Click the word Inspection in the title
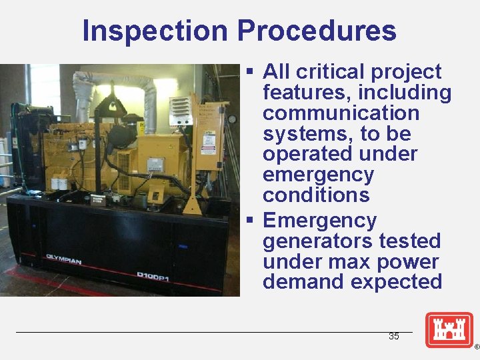point(155,31)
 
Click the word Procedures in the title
point(316,31)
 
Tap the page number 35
point(393,337)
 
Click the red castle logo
point(449,330)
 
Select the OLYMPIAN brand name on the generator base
point(63,258)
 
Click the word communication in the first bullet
point(341,113)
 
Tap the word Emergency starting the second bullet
point(319,220)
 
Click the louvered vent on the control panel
point(179,111)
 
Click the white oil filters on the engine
point(59,183)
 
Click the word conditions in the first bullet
point(316,195)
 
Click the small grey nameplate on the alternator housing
point(155,164)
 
